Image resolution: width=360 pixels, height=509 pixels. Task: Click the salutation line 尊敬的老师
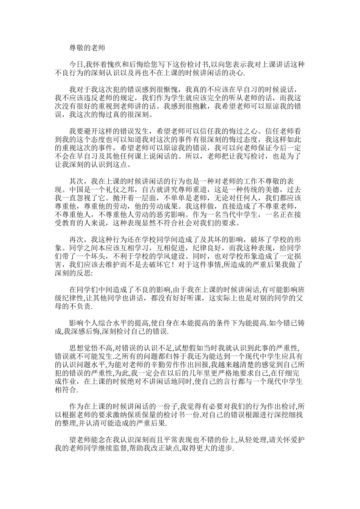[x=87, y=48]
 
